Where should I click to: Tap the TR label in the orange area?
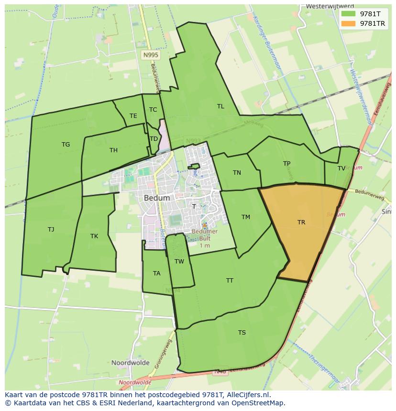(x=301, y=222)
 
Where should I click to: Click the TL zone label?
(x=220, y=106)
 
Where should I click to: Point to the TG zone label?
(x=66, y=145)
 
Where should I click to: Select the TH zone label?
(x=113, y=150)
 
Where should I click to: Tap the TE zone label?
(x=133, y=116)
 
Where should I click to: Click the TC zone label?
(x=153, y=110)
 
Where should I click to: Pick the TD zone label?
(x=154, y=139)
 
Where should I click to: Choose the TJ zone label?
(x=51, y=230)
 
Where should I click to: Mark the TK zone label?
(x=94, y=236)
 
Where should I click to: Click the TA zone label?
(x=157, y=274)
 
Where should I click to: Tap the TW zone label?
(x=179, y=262)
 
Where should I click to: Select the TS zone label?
(x=242, y=333)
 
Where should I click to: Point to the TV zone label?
(x=341, y=169)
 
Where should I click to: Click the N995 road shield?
(x=151, y=55)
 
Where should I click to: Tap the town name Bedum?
(x=157, y=198)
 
